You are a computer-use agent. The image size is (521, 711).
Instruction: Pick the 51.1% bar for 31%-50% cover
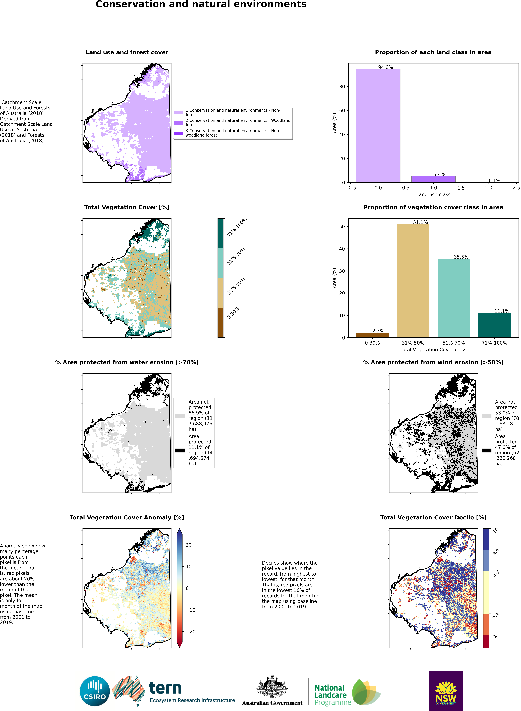coord(413,280)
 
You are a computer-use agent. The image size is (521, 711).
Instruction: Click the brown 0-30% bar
coord(372,335)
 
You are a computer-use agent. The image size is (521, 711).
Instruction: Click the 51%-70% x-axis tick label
coord(454,343)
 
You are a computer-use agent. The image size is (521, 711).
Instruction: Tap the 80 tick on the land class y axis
coord(342,87)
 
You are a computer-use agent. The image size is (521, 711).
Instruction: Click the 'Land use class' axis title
coord(433,194)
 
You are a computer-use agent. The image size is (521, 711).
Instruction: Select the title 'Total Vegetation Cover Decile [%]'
coord(433,518)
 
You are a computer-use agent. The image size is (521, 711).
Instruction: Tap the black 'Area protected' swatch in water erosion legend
coord(180,450)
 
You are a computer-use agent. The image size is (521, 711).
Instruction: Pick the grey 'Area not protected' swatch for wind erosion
coord(486,416)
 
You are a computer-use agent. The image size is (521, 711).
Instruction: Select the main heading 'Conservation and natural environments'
coord(201,4)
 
